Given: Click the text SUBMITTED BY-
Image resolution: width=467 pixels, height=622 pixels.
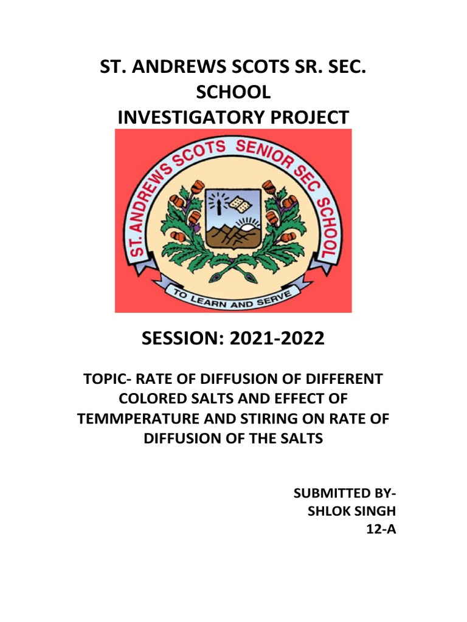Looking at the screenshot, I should (x=344, y=492).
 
